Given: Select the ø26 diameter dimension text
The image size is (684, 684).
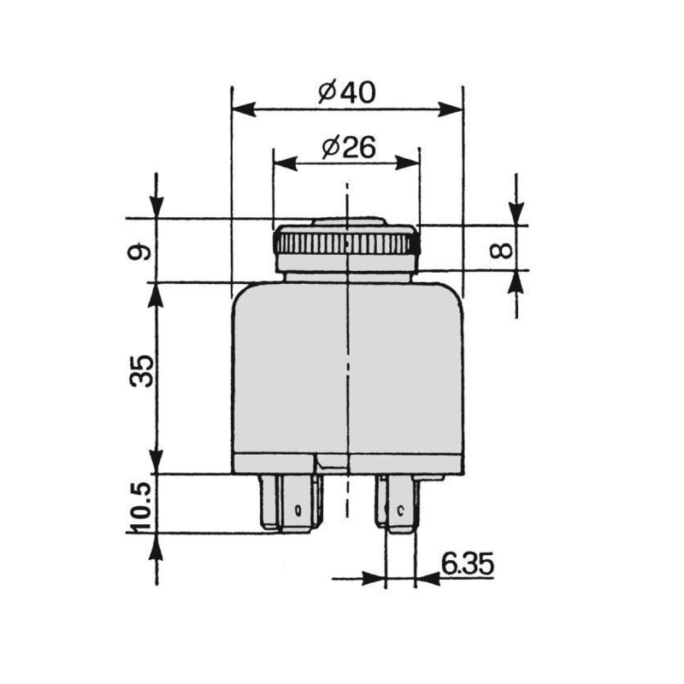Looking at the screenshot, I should [349, 147].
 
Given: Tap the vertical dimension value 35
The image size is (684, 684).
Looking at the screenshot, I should [143, 370].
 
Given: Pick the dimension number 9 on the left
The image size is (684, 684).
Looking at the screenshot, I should [143, 251].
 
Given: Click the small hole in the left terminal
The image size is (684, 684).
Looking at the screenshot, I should [297, 511].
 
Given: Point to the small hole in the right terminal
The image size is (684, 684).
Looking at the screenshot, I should [400, 511].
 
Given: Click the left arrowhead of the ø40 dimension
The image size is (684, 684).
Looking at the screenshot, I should [244, 109].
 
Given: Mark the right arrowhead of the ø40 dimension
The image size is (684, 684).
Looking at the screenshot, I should [451, 109].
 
